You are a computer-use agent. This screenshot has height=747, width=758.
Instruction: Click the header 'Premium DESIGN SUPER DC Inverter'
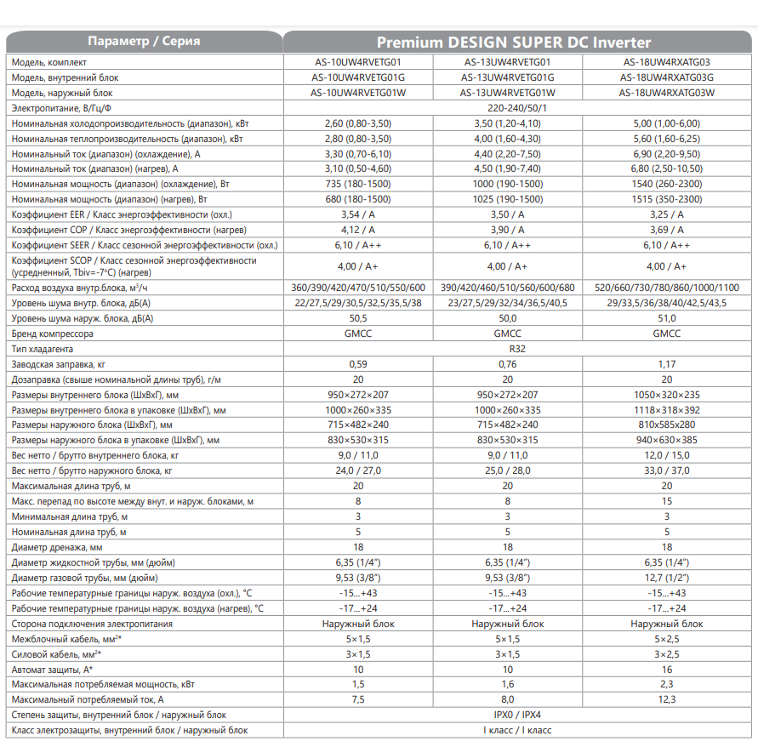514,43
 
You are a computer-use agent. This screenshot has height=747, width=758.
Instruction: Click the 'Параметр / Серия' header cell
144,43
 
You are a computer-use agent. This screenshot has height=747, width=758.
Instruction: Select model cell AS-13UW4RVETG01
507,62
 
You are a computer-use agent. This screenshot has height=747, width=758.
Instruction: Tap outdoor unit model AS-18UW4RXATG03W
666,93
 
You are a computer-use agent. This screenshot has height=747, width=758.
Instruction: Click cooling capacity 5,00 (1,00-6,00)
666,123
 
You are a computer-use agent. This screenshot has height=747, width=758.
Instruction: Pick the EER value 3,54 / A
357,214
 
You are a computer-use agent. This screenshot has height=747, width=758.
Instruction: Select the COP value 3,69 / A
666,230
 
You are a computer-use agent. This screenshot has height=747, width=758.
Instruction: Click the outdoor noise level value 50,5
357,318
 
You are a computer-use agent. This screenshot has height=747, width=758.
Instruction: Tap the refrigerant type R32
508,349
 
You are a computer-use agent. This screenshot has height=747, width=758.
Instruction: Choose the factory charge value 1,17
666,364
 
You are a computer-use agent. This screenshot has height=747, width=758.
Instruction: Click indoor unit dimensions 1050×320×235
666,395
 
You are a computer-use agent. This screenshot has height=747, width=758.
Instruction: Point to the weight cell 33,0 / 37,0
666,470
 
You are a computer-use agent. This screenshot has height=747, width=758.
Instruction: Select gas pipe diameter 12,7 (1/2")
666,578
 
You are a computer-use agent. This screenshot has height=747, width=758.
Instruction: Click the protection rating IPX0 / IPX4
508,715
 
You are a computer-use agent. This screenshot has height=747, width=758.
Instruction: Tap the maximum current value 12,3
666,699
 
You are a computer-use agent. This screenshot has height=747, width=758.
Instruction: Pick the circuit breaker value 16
666,669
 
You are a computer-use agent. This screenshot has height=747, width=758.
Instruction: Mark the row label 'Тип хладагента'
43,349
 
